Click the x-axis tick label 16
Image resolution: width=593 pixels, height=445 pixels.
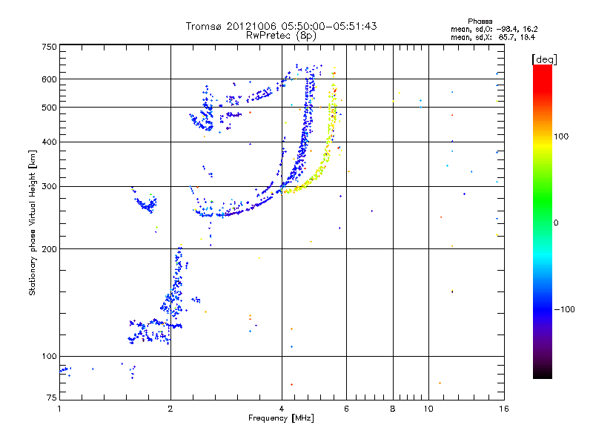(503, 409)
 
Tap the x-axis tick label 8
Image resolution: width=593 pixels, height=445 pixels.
(393, 409)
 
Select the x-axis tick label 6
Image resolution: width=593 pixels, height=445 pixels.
(347, 409)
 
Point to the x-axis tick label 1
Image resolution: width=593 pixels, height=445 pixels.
(59, 409)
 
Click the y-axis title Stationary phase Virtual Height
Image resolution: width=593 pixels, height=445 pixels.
(33, 222)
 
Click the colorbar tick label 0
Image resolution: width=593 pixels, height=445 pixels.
(556, 222)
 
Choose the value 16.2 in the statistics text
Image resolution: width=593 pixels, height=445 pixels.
(527, 29)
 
